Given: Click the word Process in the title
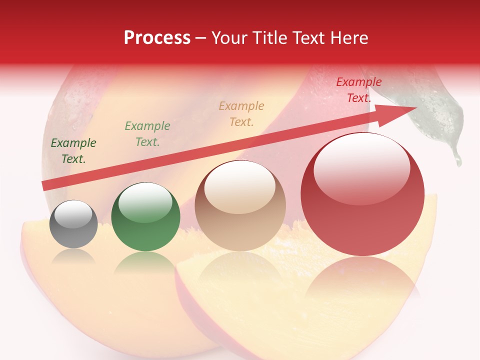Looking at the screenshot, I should pos(157,38).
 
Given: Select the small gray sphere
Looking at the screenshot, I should pos(73,224).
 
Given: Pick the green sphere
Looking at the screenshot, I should pos(145,216).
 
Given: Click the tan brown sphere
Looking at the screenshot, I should pos(240,205).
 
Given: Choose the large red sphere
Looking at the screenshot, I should pos(362,195).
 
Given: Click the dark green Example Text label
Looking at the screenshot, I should pos(73,151).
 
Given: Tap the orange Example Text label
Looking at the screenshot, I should pos(241,114).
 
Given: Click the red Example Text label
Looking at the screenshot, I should pos(358,90).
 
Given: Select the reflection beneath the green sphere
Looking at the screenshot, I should pos(145,262).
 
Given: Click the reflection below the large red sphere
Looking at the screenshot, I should pos(362,280).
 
